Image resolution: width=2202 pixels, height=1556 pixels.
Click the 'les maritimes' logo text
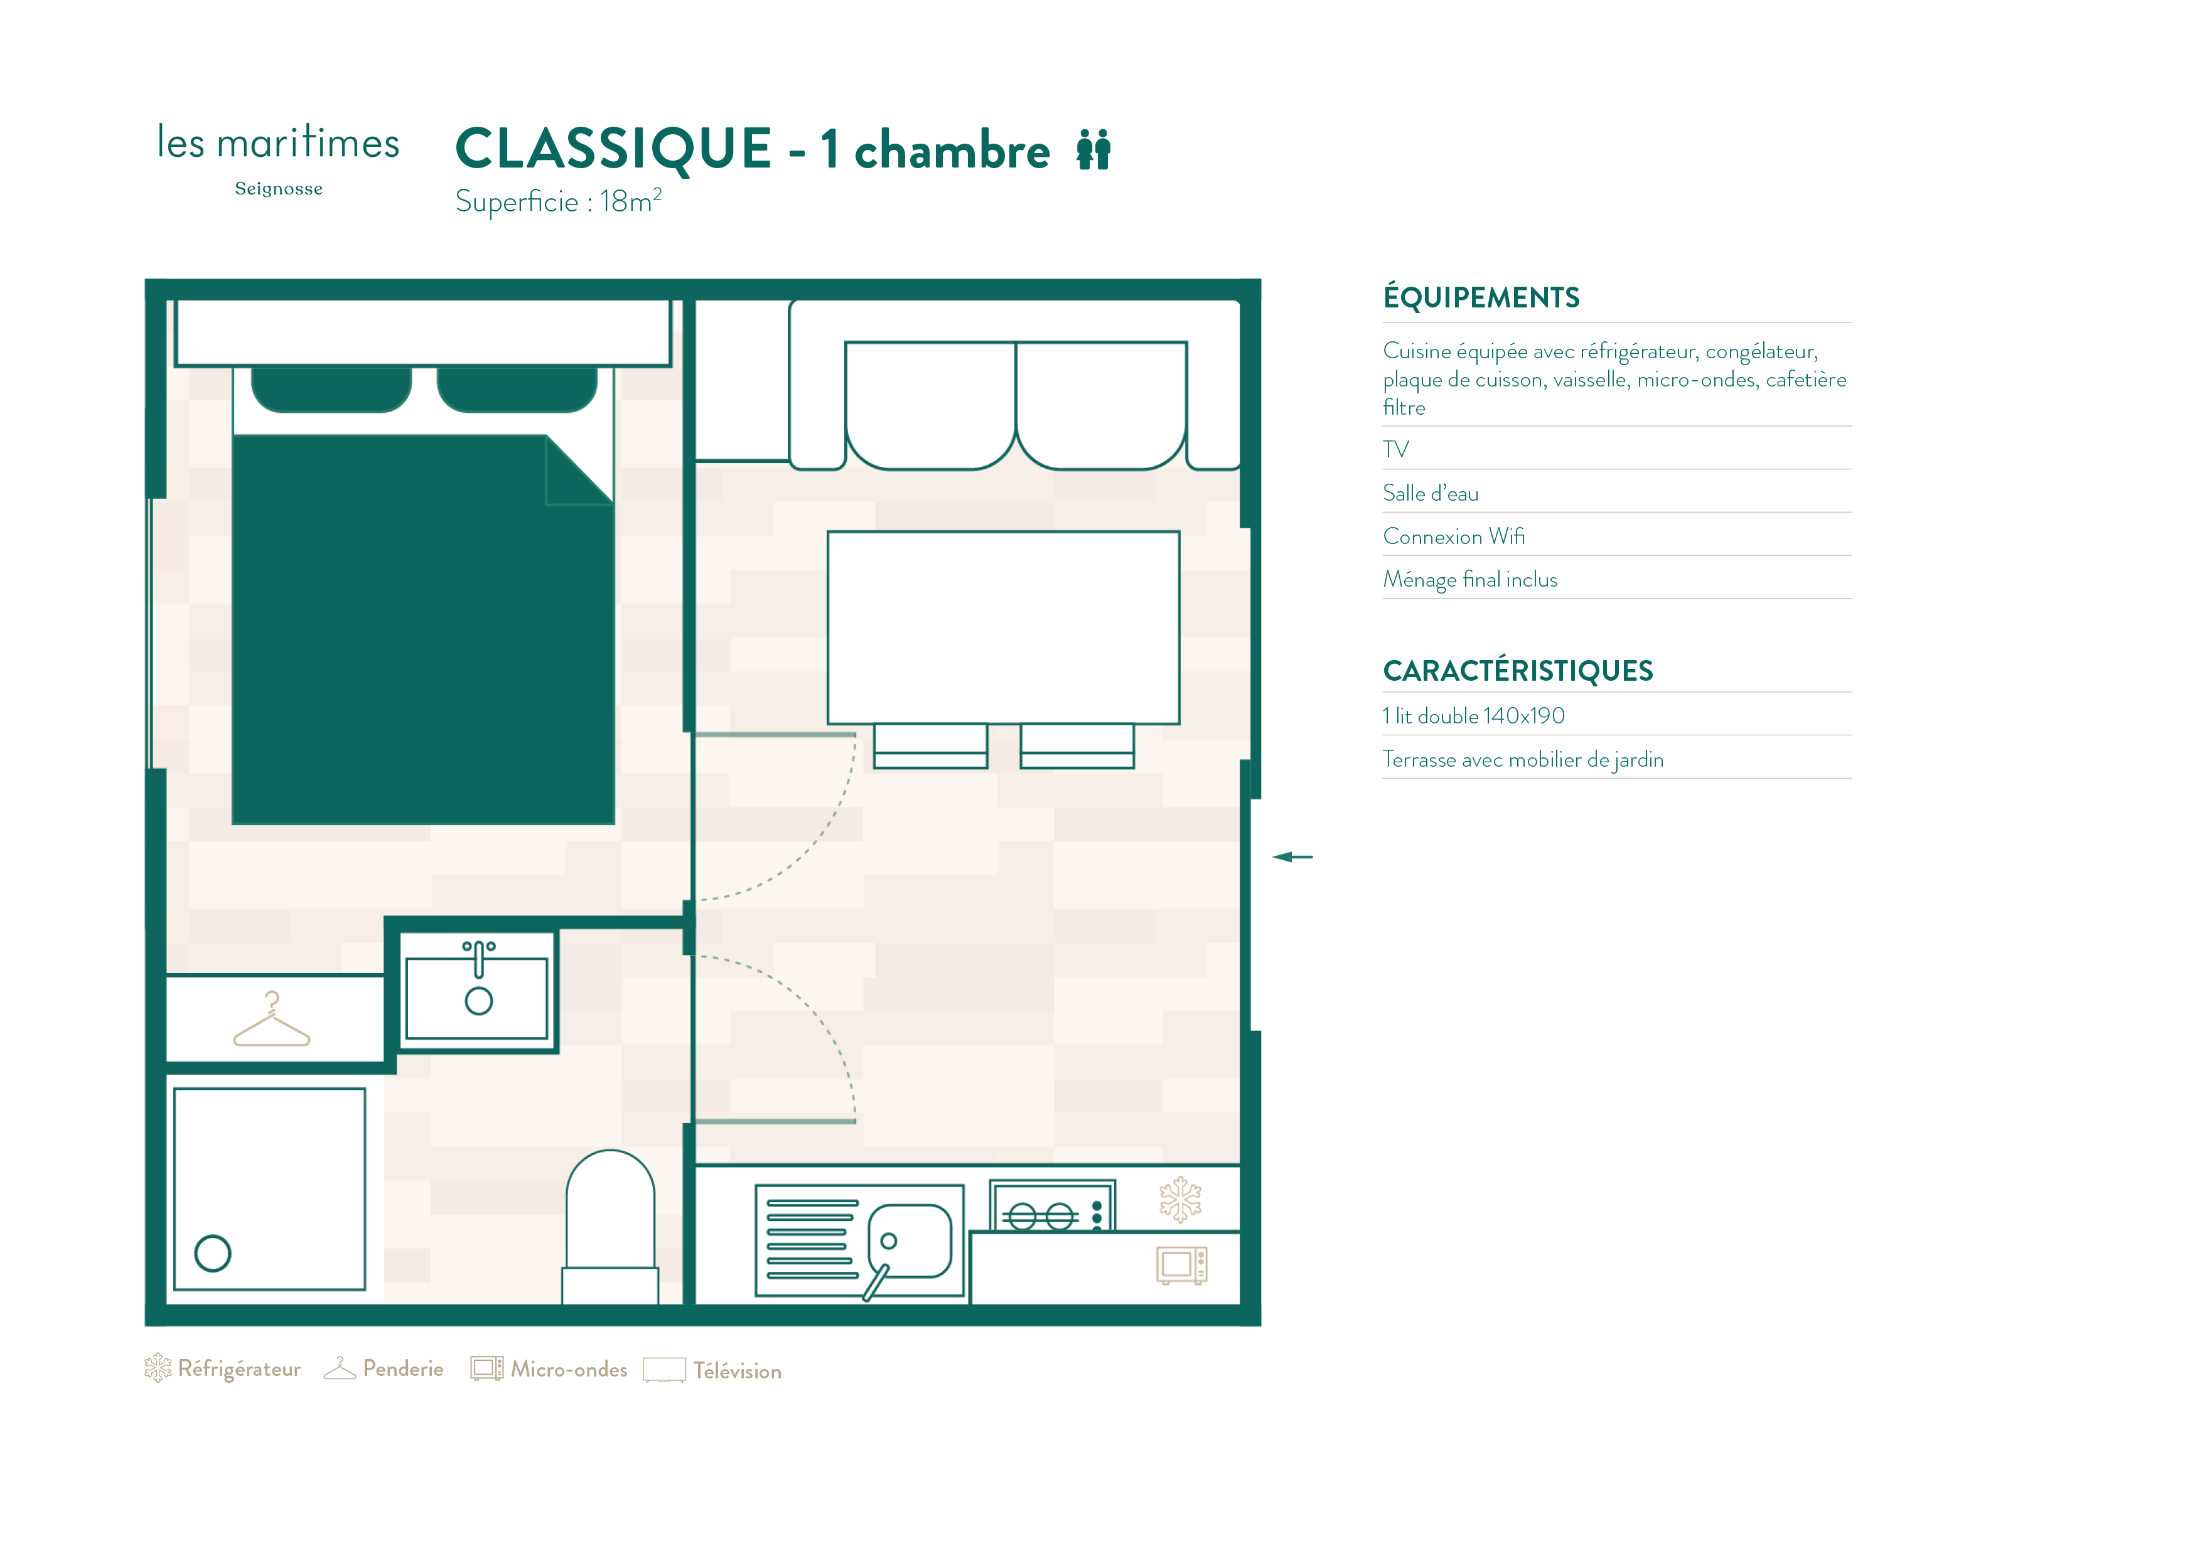(278, 143)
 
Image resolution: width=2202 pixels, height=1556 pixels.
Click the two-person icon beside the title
(1093, 149)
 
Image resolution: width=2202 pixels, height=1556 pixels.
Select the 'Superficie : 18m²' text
(558, 201)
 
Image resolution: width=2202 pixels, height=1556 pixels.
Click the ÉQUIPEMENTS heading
(1481, 297)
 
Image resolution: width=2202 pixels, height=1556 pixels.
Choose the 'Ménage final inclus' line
(1469, 580)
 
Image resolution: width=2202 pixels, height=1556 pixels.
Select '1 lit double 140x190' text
(1473, 716)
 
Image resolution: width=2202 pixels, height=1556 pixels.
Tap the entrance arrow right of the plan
(1293, 856)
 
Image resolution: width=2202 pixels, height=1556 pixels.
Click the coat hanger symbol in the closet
(272, 1019)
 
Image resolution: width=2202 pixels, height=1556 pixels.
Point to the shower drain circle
(213, 1252)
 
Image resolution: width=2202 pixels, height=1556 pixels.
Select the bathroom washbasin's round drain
(478, 1001)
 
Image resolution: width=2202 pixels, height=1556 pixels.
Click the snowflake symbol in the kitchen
(1181, 1200)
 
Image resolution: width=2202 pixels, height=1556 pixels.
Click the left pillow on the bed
(331, 389)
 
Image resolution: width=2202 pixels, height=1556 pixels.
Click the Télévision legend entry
(712, 1370)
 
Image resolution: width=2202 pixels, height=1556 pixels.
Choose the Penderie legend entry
(384, 1368)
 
